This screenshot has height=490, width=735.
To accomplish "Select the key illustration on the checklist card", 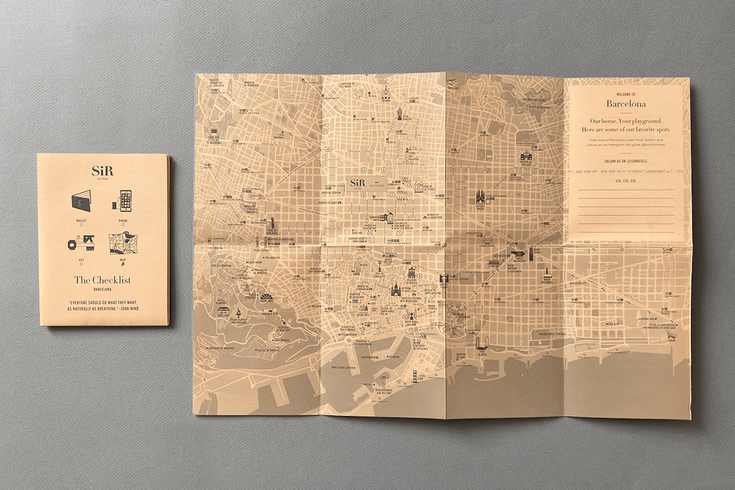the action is [x=81, y=243].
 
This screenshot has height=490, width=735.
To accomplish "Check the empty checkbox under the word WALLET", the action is [x=81, y=225].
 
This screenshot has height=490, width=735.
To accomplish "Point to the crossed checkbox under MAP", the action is [x=123, y=266].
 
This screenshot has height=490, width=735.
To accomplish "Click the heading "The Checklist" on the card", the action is [x=102, y=281].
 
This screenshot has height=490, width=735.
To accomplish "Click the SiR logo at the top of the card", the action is [x=102, y=170].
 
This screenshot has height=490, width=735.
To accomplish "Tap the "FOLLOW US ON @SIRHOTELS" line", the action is [x=625, y=160].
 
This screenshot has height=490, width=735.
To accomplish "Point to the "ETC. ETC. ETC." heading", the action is [x=625, y=181].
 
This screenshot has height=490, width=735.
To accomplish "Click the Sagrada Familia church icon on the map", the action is [x=480, y=198].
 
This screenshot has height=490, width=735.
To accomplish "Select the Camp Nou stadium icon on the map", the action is [x=214, y=131].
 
